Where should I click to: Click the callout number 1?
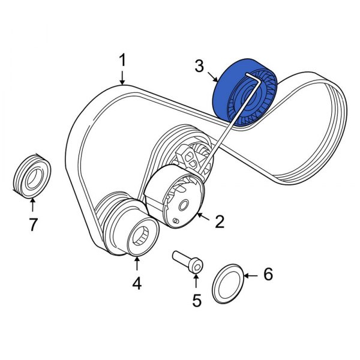[x=122, y=61]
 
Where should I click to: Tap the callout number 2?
[x=219, y=222]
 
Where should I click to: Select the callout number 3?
[x=199, y=65]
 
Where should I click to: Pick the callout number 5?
[x=197, y=299]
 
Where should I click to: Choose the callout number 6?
[x=268, y=274]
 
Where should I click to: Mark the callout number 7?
[x=33, y=225]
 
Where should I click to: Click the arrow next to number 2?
[x=203, y=217]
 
